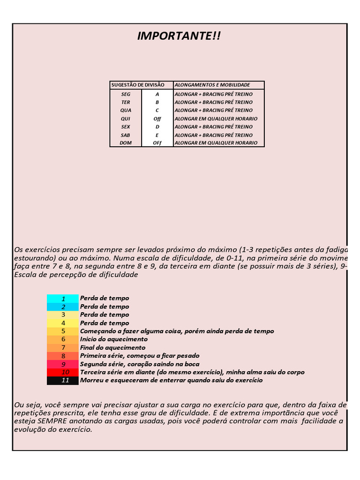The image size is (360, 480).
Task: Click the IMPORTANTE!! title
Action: pos(179,36)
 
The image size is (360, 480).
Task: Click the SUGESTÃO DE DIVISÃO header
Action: pos(138,85)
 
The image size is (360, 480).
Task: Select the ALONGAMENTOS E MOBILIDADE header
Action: pos(212,85)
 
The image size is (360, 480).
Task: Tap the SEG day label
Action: pos(126,94)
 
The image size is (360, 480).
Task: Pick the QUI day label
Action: pos(126,119)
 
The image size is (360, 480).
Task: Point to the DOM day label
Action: pos(126,143)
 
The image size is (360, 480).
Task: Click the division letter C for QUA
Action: pos(157,111)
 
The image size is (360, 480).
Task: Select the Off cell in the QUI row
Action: pos(157,119)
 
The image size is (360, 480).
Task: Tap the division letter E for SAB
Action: pos(157,135)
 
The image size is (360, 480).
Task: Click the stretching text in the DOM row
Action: pos(216,143)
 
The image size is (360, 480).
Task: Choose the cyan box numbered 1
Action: pos(63,299)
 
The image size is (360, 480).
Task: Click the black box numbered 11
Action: pos(63,381)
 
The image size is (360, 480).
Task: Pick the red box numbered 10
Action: pos(63,372)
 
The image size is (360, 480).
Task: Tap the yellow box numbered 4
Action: pos(63,323)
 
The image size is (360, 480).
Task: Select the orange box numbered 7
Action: pos(63,348)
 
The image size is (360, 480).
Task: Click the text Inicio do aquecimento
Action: pos(114,339)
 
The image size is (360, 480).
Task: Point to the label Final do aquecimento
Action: pos(113,348)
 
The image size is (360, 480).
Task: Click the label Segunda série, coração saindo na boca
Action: pos(140,364)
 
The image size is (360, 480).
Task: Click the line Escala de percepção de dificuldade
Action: pos(76,275)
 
